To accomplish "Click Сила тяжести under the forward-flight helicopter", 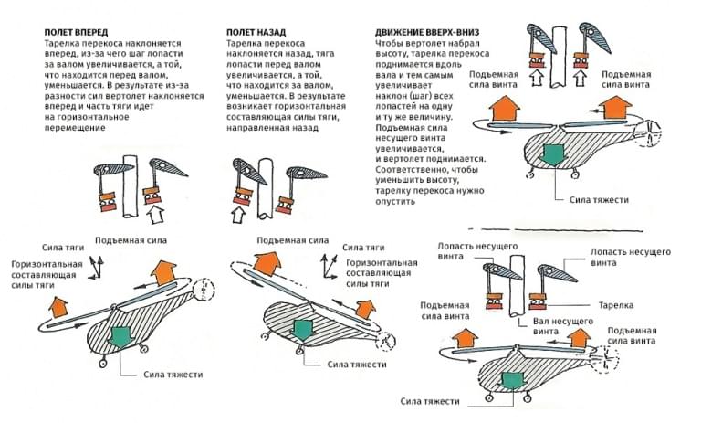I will pos(173,375).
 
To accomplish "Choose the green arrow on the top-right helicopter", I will pos(552,153).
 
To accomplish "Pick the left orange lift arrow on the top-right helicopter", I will pos(501,108).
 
